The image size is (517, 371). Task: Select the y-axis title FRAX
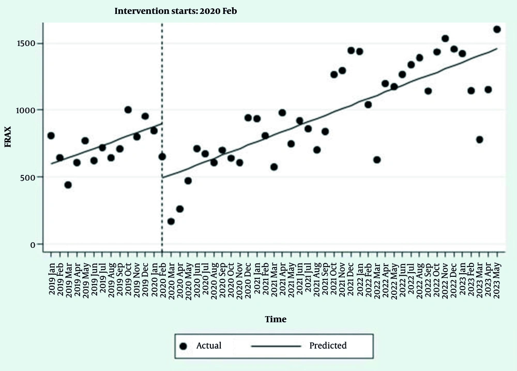(x=8, y=137)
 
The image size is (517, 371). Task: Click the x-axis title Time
(x=276, y=319)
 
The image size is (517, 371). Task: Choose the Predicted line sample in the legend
(x=276, y=345)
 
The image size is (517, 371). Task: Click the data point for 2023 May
(x=497, y=29)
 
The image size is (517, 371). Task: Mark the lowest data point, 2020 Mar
(x=171, y=221)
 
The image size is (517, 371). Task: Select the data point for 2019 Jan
(x=51, y=136)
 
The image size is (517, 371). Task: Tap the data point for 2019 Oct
(x=128, y=110)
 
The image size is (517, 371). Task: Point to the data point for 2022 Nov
(x=445, y=38)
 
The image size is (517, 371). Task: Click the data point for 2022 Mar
(x=377, y=160)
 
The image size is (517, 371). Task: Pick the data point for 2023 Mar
(x=480, y=140)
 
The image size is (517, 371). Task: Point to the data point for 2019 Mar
(x=68, y=185)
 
